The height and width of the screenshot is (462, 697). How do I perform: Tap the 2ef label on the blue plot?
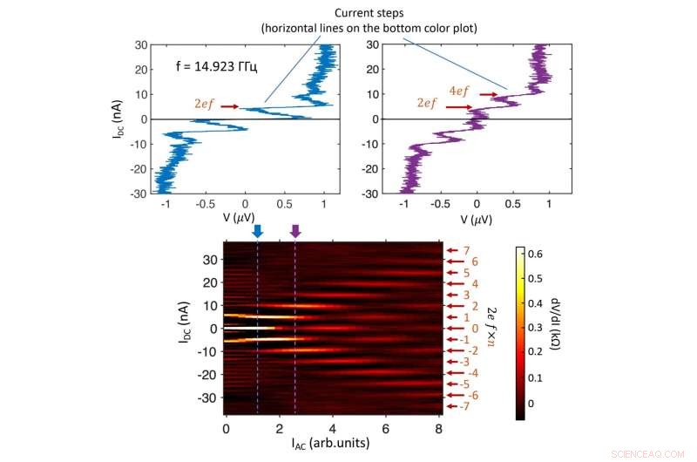pos(203,104)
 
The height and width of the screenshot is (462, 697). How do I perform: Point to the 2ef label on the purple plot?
pos(428,104)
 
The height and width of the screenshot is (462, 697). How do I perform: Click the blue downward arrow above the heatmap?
pos(257,232)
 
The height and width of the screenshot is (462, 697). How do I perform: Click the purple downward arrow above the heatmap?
pos(295,232)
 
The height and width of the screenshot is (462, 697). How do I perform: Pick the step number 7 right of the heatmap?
pos(466,251)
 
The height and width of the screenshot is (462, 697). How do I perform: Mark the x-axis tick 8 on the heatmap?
pos(438,429)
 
